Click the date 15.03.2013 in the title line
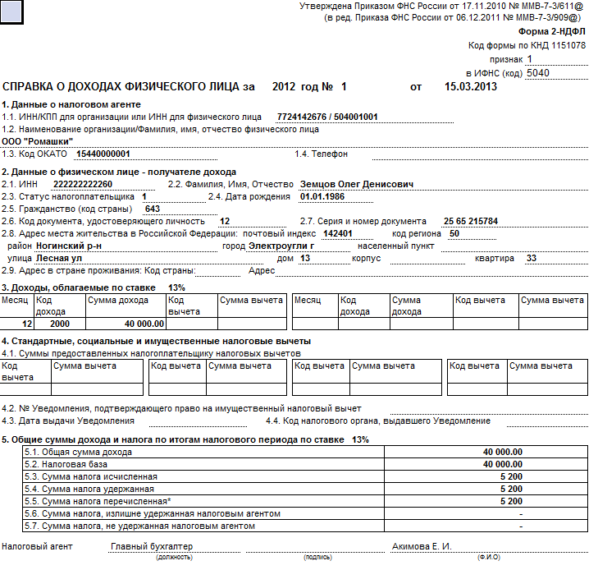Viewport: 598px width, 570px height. click(x=471, y=86)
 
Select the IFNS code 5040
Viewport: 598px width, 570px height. click(x=538, y=72)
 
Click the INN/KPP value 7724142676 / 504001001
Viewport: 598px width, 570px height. click(x=327, y=117)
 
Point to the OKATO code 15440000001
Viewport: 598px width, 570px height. click(x=103, y=154)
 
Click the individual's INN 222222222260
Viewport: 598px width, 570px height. click(x=82, y=184)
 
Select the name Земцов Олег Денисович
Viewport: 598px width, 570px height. click(x=357, y=184)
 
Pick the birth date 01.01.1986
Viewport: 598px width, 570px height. click(x=322, y=197)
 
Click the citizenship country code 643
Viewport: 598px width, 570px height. click(x=152, y=209)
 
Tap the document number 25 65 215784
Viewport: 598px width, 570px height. click(x=470, y=222)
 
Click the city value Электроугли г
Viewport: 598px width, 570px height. click(x=281, y=246)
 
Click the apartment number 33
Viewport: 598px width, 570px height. click(x=531, y=258)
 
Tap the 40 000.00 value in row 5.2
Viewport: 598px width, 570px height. click(x=502, y=464)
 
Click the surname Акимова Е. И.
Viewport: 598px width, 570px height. click(x=422, y=546)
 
